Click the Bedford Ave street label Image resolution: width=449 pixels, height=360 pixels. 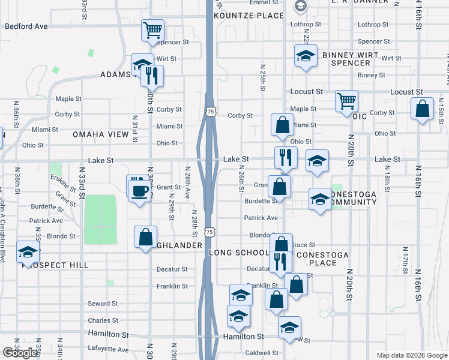point(26,26)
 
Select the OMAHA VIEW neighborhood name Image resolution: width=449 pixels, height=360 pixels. point(101,134)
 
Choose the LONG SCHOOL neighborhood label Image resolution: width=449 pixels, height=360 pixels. point(238,253)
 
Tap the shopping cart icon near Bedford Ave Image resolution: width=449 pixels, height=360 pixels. point(153,29)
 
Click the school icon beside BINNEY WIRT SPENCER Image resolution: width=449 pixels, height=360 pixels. point(306,56)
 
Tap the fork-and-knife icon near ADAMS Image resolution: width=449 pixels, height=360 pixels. point(152,75)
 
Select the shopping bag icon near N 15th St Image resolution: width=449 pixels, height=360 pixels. point(423,109)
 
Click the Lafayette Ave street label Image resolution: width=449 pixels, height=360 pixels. point(109,349)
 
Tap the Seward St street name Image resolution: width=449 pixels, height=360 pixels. point(100,304)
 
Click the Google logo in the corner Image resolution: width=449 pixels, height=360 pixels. point(20,353)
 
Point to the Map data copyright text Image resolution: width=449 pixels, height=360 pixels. point(412,355)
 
